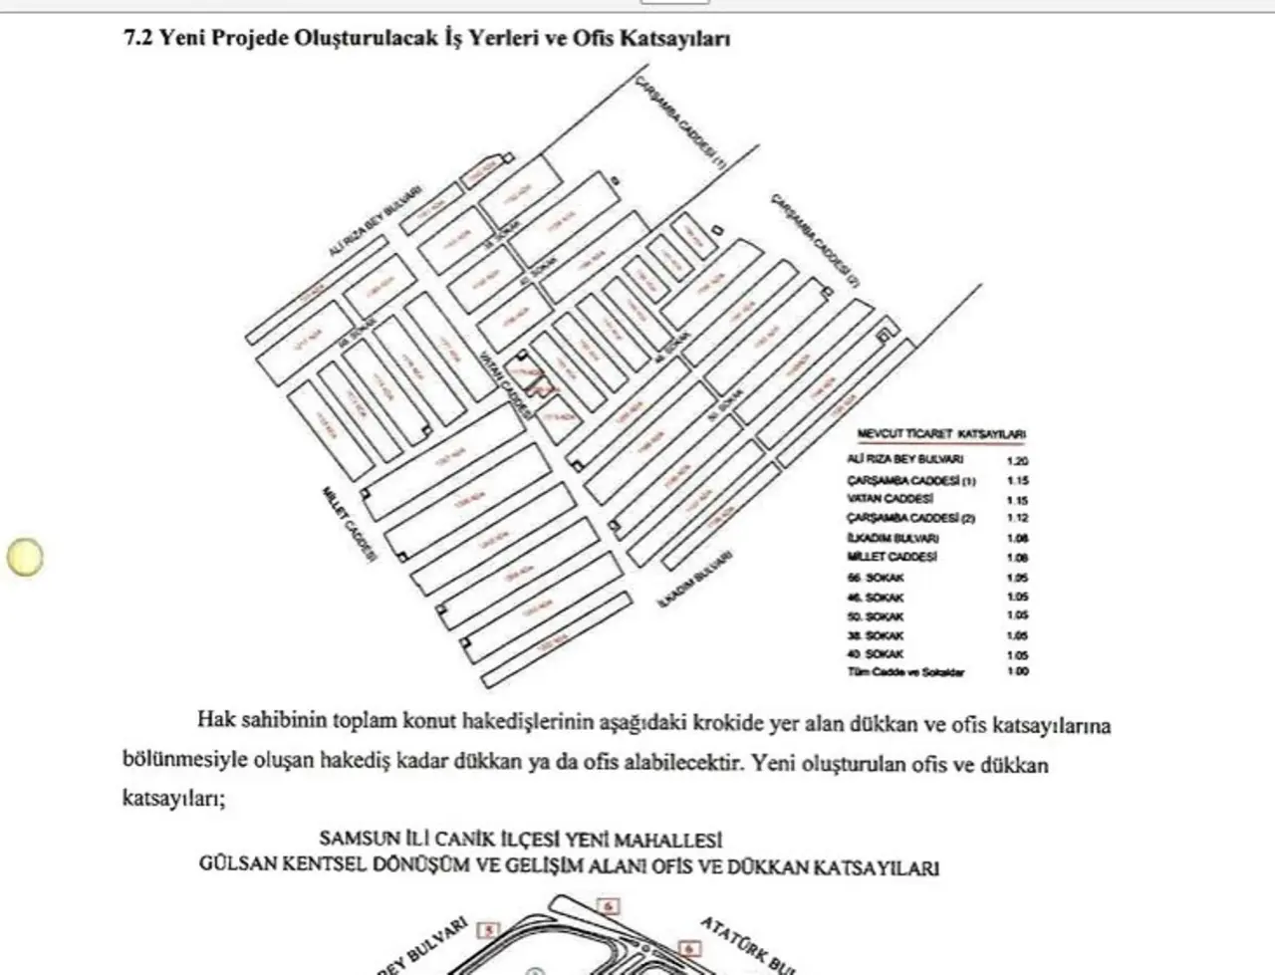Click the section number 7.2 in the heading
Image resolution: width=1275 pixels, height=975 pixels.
[x=136, y=39]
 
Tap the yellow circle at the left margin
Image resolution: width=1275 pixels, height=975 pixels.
[x=25, y=557]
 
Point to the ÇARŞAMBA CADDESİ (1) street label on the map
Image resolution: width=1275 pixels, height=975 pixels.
[x=682, y=123]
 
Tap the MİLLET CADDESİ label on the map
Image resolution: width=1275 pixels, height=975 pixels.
[x=349, y=525]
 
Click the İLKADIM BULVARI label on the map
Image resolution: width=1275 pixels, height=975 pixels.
[x=694, y=583]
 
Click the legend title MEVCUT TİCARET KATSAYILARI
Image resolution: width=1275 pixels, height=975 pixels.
[x=941, y=435]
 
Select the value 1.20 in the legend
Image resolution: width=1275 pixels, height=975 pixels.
[x=1016, y=461]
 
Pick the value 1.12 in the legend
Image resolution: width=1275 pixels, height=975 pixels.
[x=1016, y=518]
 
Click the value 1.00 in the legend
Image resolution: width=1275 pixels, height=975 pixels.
[x=1016, y=671]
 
